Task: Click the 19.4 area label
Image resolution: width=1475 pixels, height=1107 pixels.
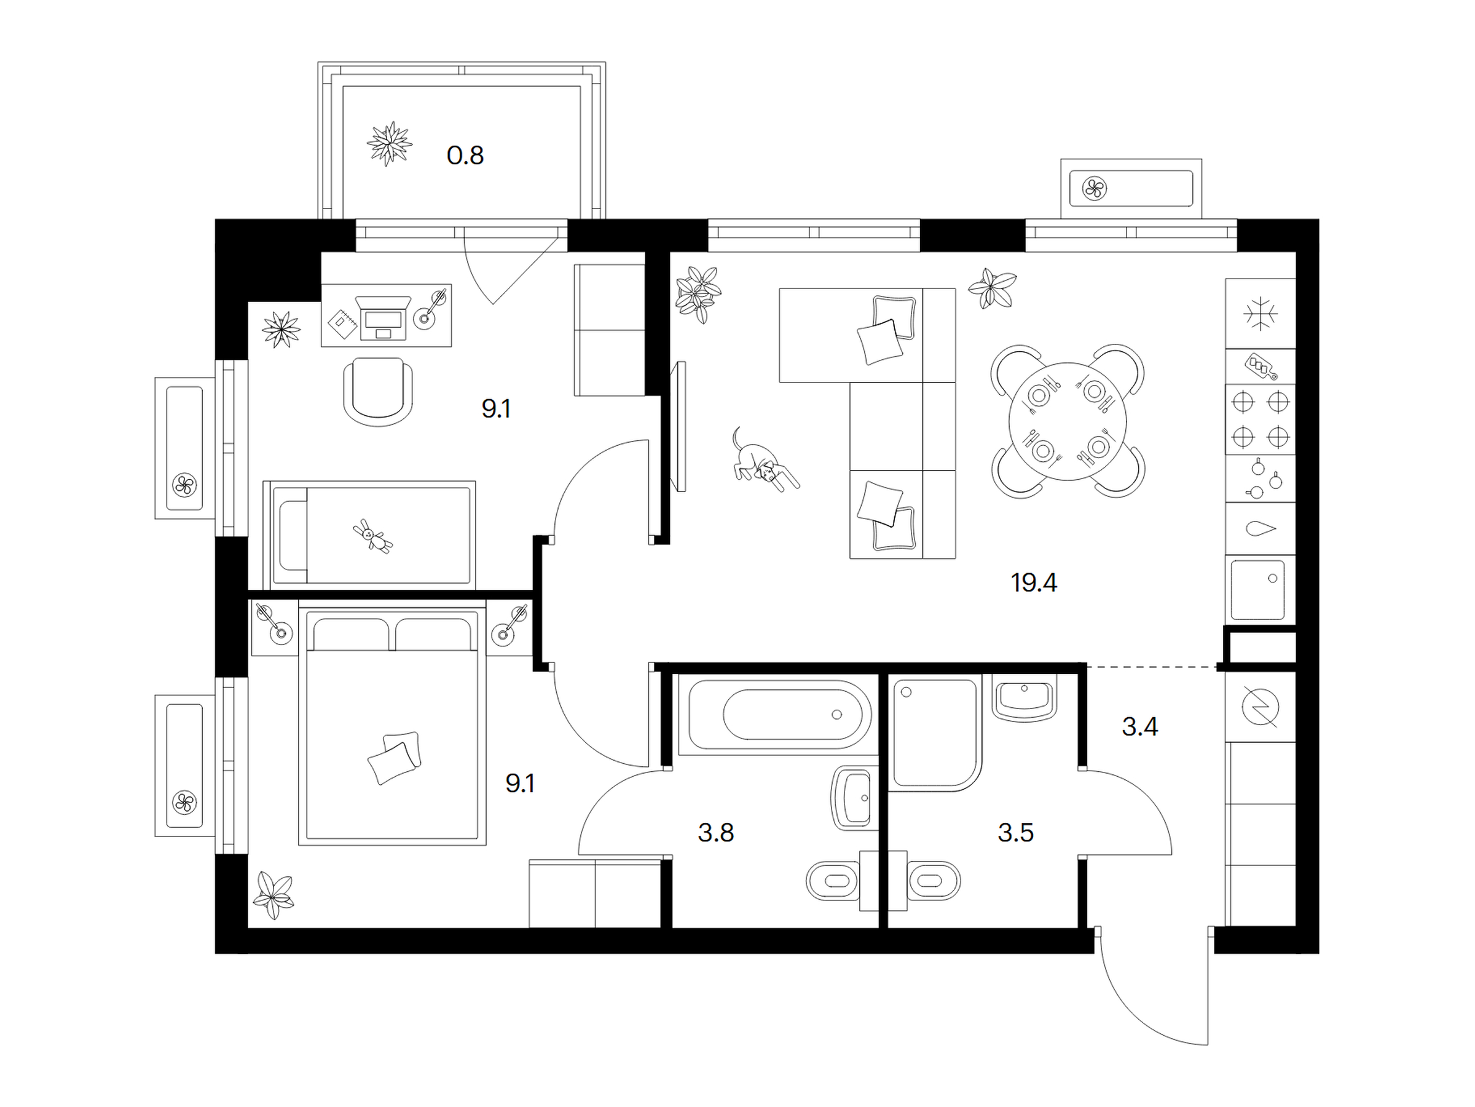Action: coord(1034,583)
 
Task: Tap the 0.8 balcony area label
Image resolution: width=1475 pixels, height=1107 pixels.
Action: coord(465,156)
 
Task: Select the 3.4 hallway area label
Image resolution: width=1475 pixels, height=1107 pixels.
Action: coord(1139,727)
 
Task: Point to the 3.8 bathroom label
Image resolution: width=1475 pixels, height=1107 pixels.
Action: coord(715,833)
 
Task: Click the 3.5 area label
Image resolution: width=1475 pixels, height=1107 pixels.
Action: coord(1015,833)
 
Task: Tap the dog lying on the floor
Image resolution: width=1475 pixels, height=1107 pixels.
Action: coord(763,461)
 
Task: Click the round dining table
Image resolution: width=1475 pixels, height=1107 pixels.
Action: coord(1068,421)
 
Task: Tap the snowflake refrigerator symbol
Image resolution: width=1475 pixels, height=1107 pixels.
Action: coord(1261,314)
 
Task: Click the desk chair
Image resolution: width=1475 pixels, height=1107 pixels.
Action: coord(378,392)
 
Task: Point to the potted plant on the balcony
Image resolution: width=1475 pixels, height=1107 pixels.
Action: coord(390,143)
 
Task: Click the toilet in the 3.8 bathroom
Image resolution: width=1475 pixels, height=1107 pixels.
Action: coord(833,881)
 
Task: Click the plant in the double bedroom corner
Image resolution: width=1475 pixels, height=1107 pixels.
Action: coord(274,895)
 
